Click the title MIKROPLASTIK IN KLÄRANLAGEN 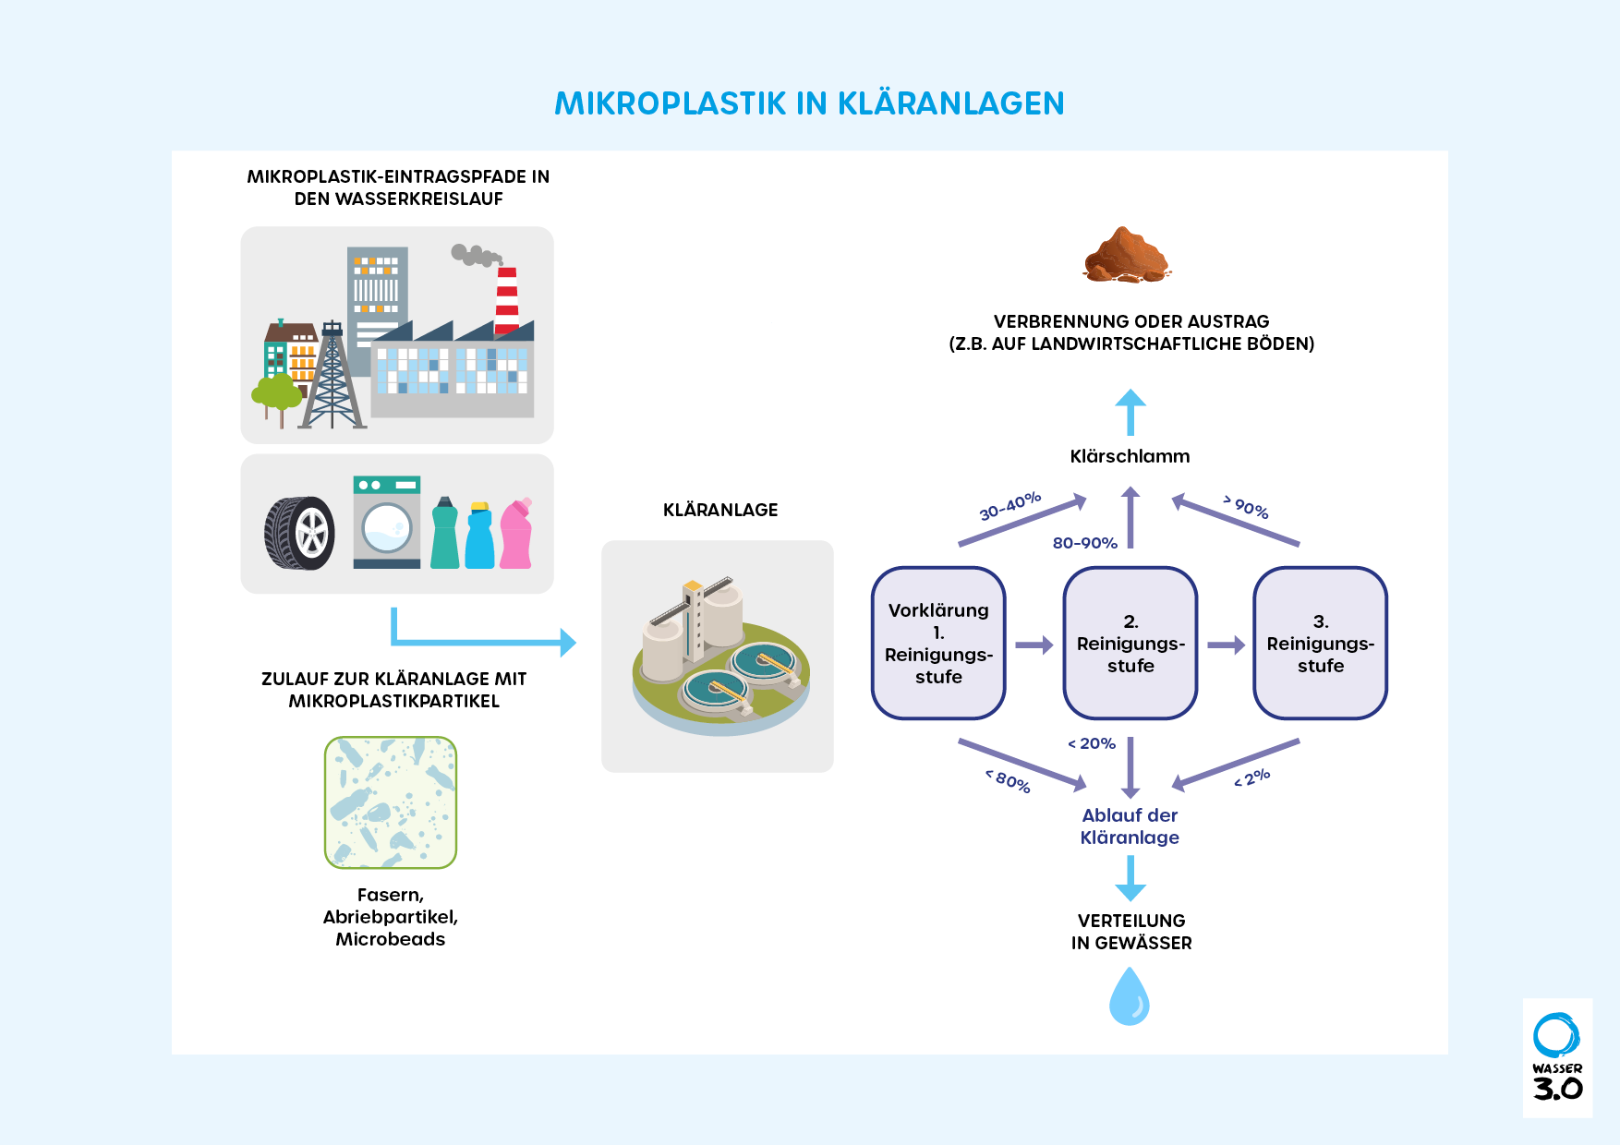(x=809, y=103)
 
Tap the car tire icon (x=299, y=533)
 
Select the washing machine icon (x=387, y=522)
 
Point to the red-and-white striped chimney (x=507, y=300)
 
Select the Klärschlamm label (x=1130, y=456)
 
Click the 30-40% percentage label (x=1009, y=506)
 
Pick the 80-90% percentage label (x=1084, y=543)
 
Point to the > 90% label (x=1246, y=506)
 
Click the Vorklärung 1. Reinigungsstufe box (x=938, y=643)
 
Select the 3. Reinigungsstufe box (x=1320, y=643)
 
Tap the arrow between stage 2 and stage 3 (x=1226, y=645)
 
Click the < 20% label (x=1092, y=743)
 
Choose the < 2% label (x=1252, y=778)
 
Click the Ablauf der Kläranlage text (x=1130, y=826)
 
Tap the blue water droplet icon (x=1129, y=996)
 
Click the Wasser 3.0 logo (x=1557, y=1058)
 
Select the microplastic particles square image (x=391, y=802)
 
